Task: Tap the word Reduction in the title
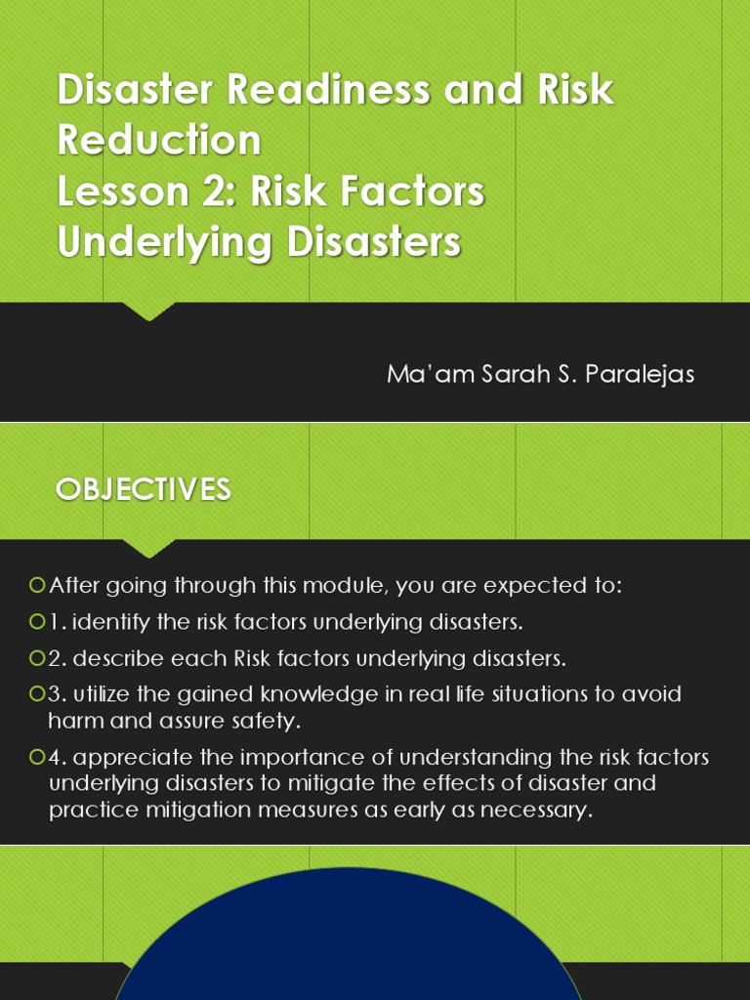[159, 140]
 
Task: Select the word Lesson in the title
[116, 191]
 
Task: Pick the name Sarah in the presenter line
[516, 374]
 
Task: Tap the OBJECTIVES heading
[144, 489]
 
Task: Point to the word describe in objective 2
[119, 658]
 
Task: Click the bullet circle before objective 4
[37, 757]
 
